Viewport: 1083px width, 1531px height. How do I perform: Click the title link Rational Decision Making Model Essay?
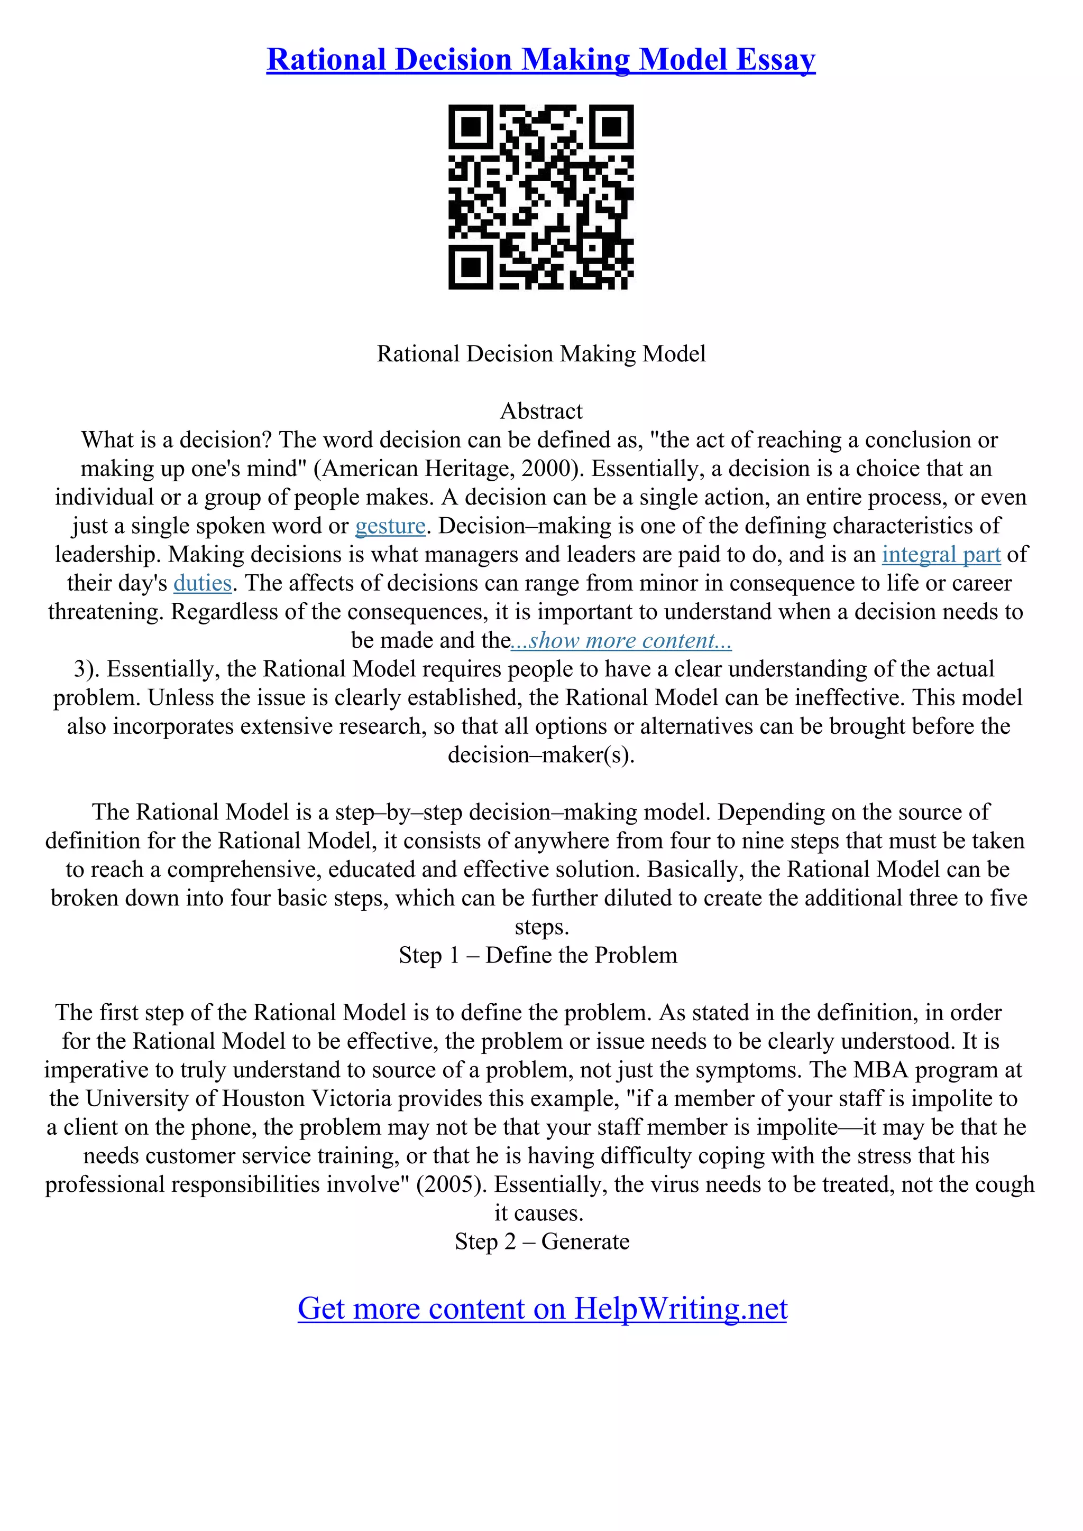tap(540, 60)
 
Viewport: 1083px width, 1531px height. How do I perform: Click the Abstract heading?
tap(541, 411)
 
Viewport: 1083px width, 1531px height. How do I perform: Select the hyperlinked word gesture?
tap(390, 526)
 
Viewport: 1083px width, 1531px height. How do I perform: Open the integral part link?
tap(941, 555)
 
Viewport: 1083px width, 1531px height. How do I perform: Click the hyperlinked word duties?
tap(202, 583)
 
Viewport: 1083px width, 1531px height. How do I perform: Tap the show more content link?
tap(621, 641)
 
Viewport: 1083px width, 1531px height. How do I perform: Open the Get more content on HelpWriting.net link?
tap(542, 1308)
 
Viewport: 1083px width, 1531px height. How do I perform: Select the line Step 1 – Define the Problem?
tap(538, 956)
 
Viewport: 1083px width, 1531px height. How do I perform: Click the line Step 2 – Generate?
tap(542, 1241)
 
